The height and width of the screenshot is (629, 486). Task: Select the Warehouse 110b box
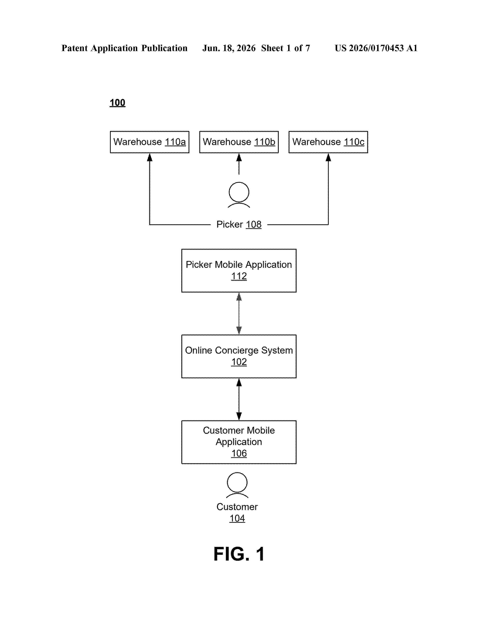coord(239,142)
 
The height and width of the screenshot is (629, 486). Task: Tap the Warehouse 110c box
coord(328,142)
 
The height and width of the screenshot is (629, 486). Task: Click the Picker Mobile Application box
coord(239,271)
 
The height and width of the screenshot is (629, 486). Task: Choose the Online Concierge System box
coord(239,356)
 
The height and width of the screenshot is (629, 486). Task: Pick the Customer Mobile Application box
coord(239,442)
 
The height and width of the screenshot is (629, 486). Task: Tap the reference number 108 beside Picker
coord(254,224)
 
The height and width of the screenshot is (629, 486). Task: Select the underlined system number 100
coord(117,103)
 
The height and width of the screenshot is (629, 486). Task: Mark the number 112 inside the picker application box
coord(239,276)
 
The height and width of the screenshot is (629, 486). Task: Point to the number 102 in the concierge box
coord(239,362)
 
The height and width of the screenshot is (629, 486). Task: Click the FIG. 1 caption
coord(239,554)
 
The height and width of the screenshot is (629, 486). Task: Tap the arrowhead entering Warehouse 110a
coord(150,157)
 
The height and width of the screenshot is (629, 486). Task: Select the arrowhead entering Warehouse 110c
coord(328,157)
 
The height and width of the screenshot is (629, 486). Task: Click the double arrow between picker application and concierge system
coord(239,314)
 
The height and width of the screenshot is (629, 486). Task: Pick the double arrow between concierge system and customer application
coord(239,399)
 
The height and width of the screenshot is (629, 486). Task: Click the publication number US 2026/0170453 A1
coord(376,48)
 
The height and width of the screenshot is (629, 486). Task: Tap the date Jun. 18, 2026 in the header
coord(229,48)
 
